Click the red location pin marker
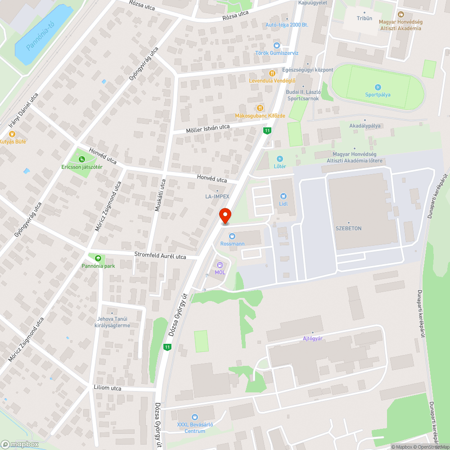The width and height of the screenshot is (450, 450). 225,215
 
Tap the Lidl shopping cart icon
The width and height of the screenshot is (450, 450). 283,196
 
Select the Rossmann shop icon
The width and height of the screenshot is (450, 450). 232,236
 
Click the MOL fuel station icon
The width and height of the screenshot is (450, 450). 220,265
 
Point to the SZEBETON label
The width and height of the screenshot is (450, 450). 348,229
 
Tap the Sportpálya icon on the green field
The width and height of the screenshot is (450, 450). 378,87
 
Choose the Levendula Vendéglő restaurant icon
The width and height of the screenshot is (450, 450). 272,73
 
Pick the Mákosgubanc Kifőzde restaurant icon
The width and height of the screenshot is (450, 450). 261,108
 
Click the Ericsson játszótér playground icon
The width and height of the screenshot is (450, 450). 82,159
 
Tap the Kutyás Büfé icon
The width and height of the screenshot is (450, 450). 12,134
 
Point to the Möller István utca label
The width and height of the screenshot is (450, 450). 208,129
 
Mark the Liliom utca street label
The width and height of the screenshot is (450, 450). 108,388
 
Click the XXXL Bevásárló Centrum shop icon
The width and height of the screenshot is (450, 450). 194,417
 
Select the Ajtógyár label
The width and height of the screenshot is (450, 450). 313,338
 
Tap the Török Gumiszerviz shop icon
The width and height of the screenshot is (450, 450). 277,45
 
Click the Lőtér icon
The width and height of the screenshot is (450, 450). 280,159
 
